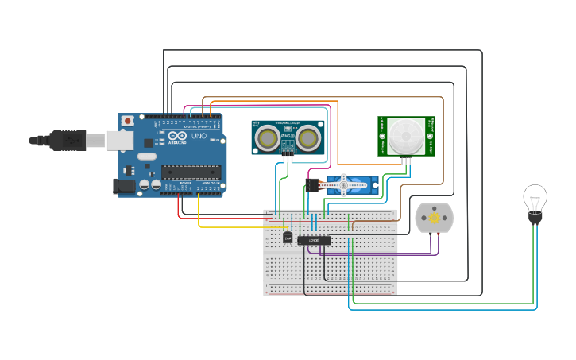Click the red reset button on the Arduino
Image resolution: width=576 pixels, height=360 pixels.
point(127,121)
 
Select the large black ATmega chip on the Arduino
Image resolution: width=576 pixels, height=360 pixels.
point(191,171)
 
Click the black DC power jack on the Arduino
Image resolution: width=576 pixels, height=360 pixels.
point(123,188)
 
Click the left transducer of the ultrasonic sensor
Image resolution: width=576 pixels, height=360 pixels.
point(268,138)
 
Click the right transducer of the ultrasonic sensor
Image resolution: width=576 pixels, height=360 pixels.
point(309,138)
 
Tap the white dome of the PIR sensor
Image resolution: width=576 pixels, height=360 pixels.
point(405,136)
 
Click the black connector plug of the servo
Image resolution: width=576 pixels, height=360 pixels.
point(312,186)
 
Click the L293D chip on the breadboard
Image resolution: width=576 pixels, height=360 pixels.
point(314,240)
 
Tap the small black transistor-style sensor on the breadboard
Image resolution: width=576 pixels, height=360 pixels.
point(288,236)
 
